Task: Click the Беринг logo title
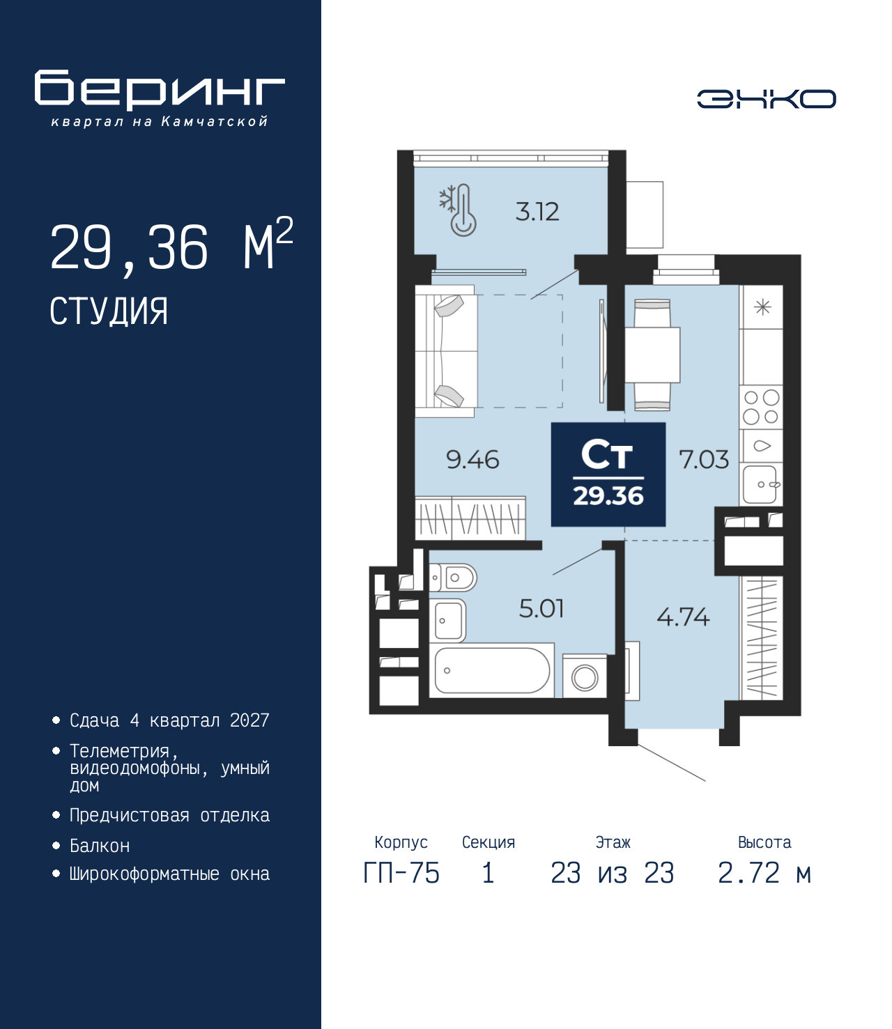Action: click(x=160, y=90)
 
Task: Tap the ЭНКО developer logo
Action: click(x=766, y=99)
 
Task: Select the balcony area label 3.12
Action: click(x=537, y=212)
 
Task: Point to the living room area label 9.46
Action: click(x=472, y=460)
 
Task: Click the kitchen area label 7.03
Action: click(x=704, y=460)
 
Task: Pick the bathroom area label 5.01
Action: click(x=541, y=609)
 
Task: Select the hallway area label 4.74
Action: click(x=683, y=617)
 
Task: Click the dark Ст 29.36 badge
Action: click(x=608, y=474)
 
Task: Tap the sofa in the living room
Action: click(x=446, y=351)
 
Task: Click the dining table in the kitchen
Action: click(x=652, y=355)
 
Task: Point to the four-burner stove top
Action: click(x=761, y=408)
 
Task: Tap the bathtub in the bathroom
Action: click(x=492, y=671)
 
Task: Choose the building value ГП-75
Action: click(x=401, y=873)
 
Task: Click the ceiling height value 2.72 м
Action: click(x=764, y=873)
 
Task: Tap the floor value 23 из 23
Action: click(x=612, y=873)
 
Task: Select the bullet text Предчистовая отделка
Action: click(x=169, y=815)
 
